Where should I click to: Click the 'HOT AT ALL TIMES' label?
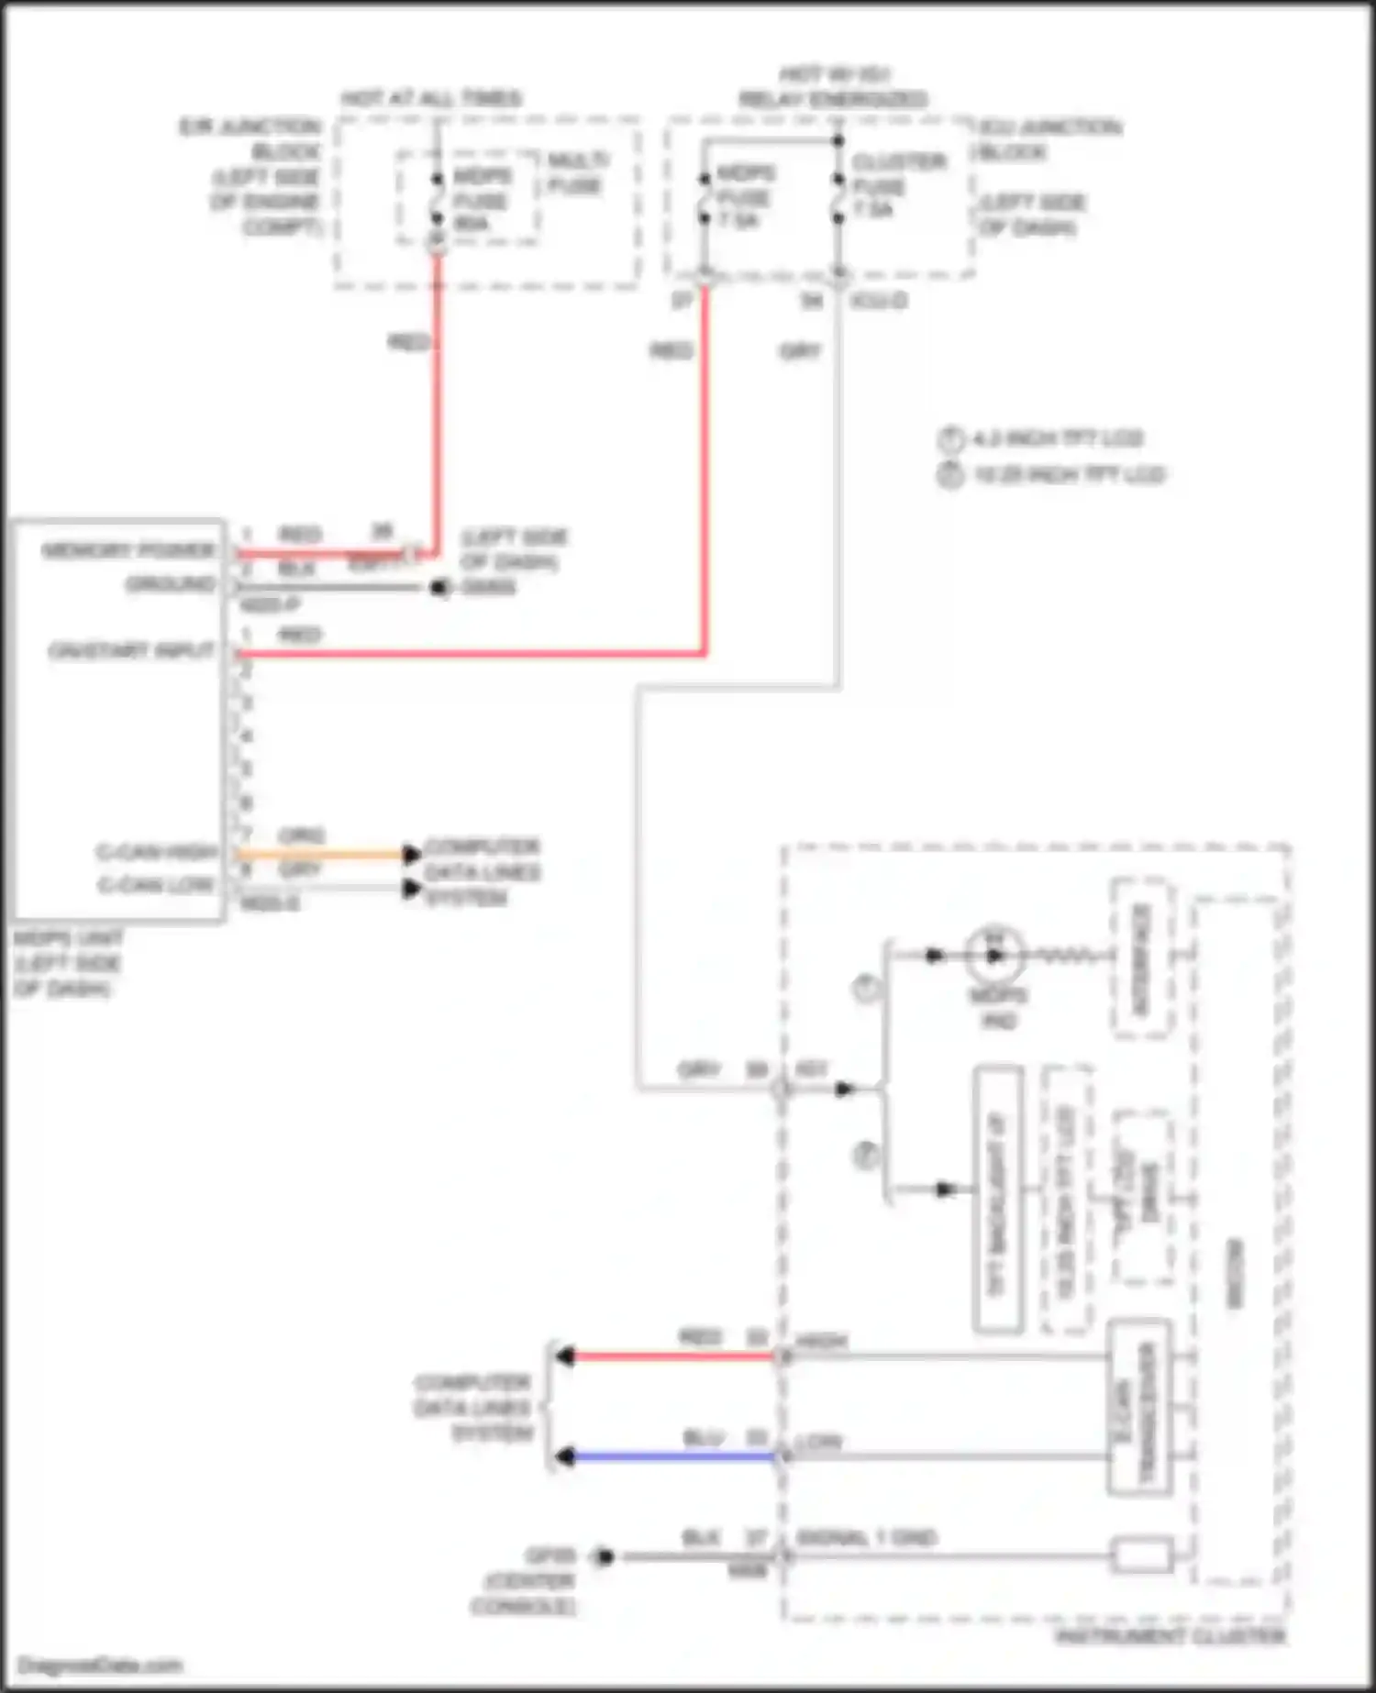click(432, 98)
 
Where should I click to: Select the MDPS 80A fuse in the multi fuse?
click(438, 200)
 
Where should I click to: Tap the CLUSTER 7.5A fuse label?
click(885, 186)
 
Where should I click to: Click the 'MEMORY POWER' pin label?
click(128, 550)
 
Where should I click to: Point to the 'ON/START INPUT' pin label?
click(131, 651)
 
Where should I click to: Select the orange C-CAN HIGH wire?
click(321, 855)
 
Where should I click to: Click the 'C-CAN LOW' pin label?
click(156, 886)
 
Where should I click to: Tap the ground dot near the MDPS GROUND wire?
click(439, 587)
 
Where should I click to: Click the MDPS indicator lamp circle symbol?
click(994, 956)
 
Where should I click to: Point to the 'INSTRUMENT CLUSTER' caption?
click(1171, 1636)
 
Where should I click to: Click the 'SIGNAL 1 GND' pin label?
click(866, 1538)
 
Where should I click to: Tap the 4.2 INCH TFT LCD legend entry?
click(1055, 438)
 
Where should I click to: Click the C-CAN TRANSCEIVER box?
click(1139, 1407)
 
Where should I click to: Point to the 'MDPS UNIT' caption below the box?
click(68, 939)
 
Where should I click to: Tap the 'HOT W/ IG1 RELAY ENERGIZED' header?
click(833, 86)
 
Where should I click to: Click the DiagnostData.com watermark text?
click(100, 1665)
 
